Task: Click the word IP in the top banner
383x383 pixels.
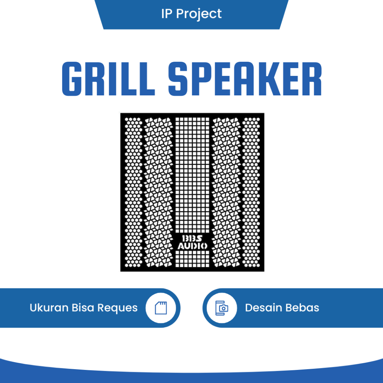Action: click(x=166, y=14)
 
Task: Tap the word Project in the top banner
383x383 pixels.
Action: click(x=199, y=14)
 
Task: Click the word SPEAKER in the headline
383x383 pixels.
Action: click(x=245, y=79)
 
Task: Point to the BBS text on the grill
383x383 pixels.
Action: click(x=192, y=239)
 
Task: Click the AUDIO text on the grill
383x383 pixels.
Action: click(x=192, y=246)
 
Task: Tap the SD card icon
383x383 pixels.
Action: click(x=161, y=308)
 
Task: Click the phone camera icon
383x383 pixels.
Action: click(x=222, y=308)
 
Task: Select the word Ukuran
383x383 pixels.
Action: click(x=49, y=308)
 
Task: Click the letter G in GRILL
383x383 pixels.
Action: click(x=71, y=79)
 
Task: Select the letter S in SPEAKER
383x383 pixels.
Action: click(x=178, y=79)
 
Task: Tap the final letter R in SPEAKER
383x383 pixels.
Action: click(x=312, y=79)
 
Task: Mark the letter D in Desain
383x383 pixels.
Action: click(x=249, y=308)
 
